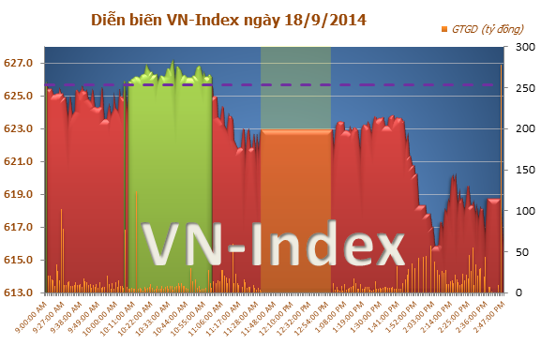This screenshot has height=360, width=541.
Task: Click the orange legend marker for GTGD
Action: pos(444,30)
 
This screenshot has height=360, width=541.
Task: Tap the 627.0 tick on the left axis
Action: pos(19,64)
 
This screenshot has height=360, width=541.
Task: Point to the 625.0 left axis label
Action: pos(19,97)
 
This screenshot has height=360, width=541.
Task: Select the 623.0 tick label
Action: pos(19,129)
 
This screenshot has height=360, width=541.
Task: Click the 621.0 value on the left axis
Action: pos(19,162)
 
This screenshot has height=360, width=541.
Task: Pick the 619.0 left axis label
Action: pos(19,195)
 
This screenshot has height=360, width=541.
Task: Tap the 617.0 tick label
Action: pos(19,228)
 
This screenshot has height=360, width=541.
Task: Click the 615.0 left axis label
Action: pos(19,261)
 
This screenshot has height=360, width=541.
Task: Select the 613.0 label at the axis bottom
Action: pos(19,293)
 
